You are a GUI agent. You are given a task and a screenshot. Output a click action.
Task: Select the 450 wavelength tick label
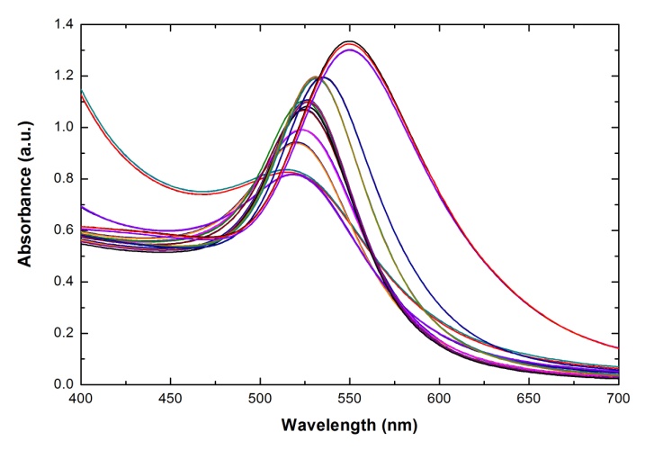click(170, 399)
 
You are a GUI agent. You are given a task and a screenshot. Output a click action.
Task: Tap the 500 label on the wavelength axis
click(260, 399)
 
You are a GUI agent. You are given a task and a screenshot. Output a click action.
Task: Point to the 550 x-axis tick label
click(350, 399)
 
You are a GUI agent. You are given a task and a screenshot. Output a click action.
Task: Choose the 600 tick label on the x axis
click(439, 399)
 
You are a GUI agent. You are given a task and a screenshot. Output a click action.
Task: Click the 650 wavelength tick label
click(529, 399)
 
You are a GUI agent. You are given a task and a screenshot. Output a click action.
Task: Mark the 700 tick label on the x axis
click(618, 399)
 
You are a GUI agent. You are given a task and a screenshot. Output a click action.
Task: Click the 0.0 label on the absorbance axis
click(63, 384)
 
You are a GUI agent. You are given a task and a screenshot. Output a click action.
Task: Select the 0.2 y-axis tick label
click(63, 333)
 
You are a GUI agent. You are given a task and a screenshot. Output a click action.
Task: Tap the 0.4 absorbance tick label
click(63, 282)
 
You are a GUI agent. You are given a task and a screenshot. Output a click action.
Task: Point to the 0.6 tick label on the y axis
click(63, 230)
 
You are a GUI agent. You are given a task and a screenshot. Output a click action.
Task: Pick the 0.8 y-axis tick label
click(63, 179)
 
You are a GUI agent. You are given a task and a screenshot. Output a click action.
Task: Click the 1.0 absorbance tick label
click(63, 128)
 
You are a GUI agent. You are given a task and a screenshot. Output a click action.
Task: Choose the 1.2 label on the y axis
click(63, 76)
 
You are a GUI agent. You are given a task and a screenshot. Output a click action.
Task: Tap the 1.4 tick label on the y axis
click(63, 25)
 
